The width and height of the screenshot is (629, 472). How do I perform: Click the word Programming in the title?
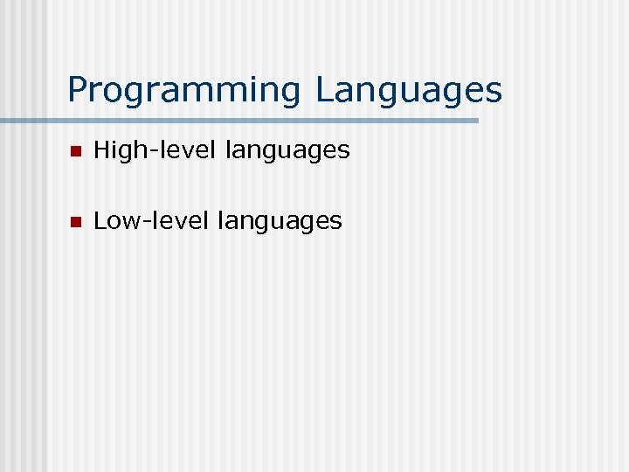coord(183,90)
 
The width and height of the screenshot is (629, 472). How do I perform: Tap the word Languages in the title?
coord(409,90)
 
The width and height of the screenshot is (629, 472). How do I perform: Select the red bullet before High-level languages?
coord(75,151)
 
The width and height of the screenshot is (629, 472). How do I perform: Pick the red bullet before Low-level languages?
coord(75,222)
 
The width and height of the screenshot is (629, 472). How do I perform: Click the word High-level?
coord(155,150)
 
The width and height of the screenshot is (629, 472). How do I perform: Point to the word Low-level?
coord(151,221)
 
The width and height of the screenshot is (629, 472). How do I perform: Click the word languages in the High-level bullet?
coord(287,151)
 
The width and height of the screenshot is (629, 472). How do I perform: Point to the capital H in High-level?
coord(101,149)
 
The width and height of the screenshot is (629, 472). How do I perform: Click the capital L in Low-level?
coord(99,220)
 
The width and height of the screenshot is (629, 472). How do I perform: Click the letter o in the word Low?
coord(114,223)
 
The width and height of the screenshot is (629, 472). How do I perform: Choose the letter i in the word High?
coord(114,149)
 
